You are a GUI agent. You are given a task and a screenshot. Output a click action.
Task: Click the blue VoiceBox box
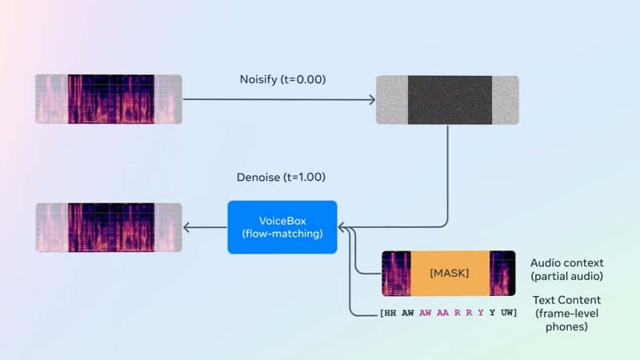point(282,227)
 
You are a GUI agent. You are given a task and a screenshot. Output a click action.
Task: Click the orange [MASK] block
point(449,274)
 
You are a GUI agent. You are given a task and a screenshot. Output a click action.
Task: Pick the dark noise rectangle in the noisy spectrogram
point(450,100)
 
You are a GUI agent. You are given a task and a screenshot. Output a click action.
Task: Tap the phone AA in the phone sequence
point(443,312)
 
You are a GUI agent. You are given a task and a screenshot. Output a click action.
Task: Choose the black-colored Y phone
point(493,312)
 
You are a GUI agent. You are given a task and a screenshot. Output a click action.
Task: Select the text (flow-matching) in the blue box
point(282,234)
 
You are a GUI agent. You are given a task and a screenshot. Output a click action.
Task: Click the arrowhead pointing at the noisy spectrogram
point(372,100)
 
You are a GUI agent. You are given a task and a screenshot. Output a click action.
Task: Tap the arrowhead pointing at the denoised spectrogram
point(187,228)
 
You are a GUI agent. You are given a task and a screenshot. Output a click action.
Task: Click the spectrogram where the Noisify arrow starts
point(108,99)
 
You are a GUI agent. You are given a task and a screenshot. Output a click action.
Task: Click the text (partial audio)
point(567,276)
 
